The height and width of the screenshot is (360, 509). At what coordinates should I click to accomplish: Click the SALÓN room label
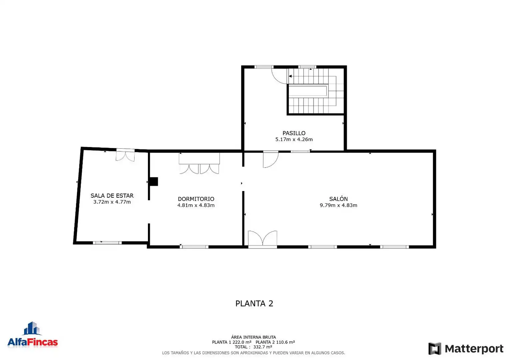[338, 199]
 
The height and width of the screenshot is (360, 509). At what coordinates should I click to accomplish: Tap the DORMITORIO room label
[196, 199]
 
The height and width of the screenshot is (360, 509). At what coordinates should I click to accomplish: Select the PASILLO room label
[294, 133]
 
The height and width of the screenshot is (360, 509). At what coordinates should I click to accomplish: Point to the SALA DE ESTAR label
[112, 196]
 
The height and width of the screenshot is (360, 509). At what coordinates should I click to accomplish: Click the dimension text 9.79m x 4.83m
[338, 205]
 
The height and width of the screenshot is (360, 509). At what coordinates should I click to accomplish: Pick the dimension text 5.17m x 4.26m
[294, 139]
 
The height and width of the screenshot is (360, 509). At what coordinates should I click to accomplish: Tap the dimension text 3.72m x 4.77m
[112, 202]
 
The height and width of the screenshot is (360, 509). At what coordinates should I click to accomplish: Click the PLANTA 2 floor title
[254, 303]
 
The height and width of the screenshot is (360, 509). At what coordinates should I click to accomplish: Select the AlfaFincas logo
[33, 335]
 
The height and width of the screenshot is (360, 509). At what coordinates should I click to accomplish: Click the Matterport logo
[466, 349]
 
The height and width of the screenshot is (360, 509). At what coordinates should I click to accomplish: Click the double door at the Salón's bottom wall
[262, 239]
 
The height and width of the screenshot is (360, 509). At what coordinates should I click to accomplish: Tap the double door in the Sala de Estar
[125, 155]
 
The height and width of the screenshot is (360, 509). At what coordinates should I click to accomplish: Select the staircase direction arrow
[290, 76]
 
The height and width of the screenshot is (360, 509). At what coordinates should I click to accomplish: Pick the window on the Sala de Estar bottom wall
[107, 243]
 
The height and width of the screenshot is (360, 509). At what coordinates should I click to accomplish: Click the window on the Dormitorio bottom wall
[194, 247]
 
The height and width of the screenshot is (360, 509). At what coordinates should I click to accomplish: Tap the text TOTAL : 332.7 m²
[254, 347]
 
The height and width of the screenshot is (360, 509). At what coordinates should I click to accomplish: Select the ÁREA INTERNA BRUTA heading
[254, 337]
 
